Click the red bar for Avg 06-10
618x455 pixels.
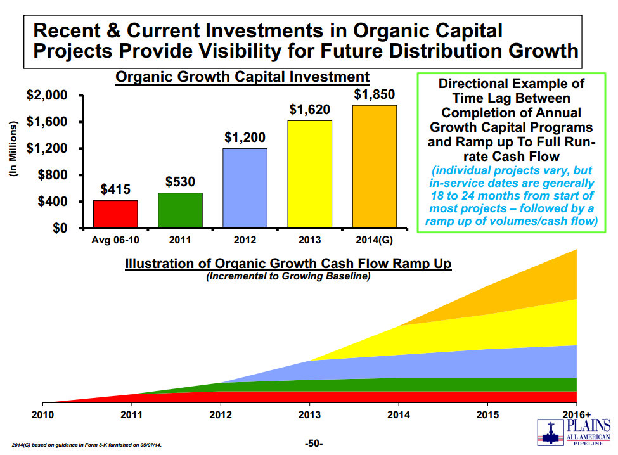click(116, 214)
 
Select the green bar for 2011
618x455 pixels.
click(181, 210)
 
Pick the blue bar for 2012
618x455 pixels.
click(245, 188)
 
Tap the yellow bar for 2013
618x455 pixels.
click(310, 174)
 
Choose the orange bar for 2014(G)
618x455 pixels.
click(375, 166)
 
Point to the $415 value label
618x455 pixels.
click(116, 189)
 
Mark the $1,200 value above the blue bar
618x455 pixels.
click(245, 138)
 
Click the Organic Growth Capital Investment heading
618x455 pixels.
click(242, 77)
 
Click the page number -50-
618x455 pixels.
click(314, 443)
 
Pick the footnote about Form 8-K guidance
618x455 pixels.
click(87, 445)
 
